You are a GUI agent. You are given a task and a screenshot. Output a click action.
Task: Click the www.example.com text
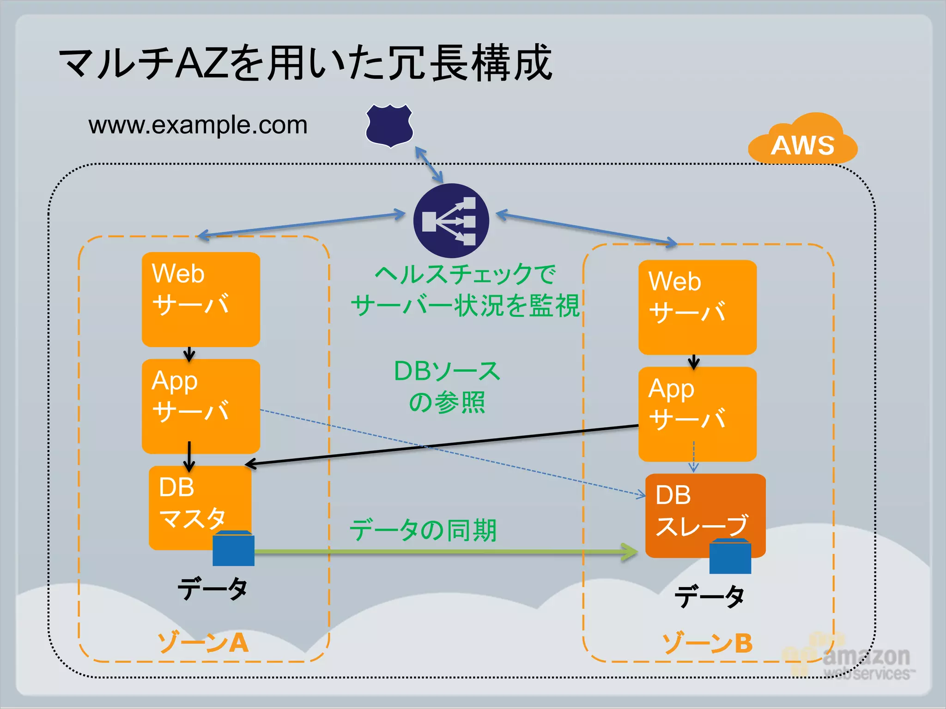tap(198, 125)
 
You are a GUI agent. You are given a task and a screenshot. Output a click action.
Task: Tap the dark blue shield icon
tap(389, 126)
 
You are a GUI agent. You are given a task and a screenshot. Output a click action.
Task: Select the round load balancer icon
tap(451, 221)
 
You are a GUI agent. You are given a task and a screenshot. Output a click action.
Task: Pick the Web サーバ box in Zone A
tap(200, 299)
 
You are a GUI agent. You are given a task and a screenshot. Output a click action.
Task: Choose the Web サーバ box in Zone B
tap(697, 307)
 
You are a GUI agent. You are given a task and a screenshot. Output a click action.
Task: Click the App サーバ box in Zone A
tap(200, 406)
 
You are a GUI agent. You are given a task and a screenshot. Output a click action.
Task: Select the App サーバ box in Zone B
tap(697, 414)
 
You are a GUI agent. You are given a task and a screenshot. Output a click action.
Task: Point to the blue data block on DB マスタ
tap(233, 549)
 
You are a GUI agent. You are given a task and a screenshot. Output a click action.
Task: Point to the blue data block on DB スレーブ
tap(730, 557)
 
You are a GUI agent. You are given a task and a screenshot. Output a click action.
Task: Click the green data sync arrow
tap(443, 552)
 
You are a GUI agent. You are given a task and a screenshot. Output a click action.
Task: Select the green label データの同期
tap(423, 530)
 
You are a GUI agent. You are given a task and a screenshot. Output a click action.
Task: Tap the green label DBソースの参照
tap(447, 387)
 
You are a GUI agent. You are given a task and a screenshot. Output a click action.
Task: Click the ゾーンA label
tap(203, 643)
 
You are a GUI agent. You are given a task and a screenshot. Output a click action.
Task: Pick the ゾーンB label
tap(707, 643)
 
